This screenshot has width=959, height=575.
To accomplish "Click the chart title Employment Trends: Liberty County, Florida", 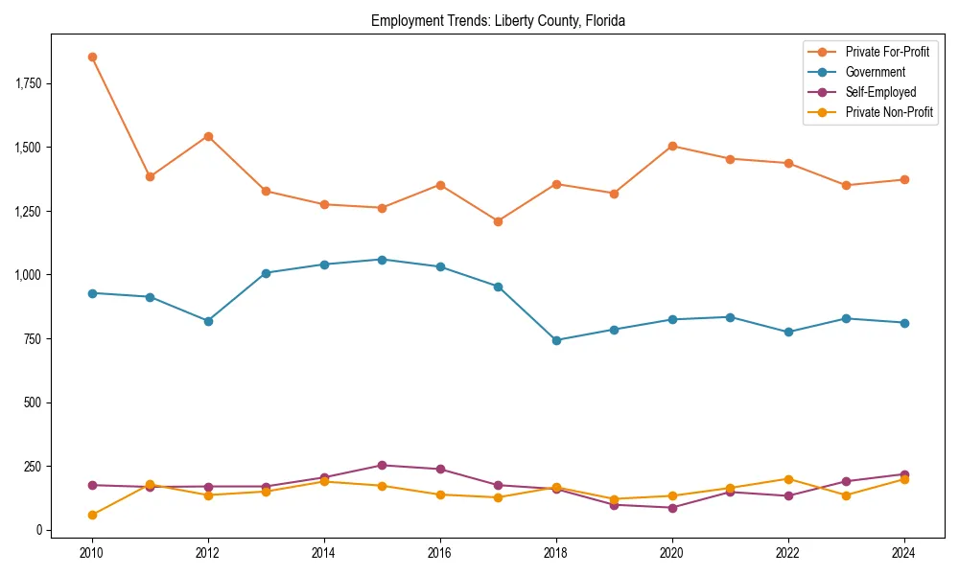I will (x=498, y=21).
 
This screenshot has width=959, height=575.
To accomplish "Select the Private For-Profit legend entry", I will (x=887, y=52).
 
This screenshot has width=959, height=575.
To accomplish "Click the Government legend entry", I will (x=875, y=72).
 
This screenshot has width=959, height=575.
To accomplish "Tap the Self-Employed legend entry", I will (x=880, y=92).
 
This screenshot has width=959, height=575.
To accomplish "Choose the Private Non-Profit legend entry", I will (x=889, y=112).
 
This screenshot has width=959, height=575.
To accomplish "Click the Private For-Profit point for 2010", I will (x=92, y=57).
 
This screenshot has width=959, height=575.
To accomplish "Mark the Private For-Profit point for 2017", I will (x=498, y=221).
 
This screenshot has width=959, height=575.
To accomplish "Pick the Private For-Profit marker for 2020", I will (x=672, y=146).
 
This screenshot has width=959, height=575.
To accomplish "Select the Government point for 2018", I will (x=556, y=340).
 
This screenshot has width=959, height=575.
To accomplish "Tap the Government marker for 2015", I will (x=382, y=260).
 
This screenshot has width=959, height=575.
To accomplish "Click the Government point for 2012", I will (x=208, y=321).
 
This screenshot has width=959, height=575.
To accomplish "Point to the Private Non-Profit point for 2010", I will (x=92, y=515).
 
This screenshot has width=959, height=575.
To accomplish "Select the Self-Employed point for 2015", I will (x=382, y=465).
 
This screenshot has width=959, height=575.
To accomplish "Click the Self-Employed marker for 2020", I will (x=672, y=508).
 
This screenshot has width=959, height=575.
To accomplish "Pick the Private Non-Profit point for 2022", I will (x=788, y=479).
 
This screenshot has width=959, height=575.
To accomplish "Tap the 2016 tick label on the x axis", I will (x=440, y=552).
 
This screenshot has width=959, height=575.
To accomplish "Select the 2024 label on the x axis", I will (x=904, y=552).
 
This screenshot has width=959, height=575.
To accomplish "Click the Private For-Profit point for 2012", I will (x=208, y=136).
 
